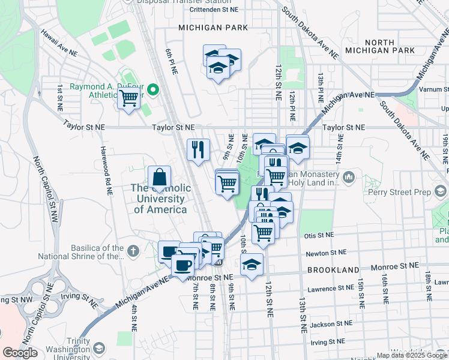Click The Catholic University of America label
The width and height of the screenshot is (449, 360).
pyautogui.click(x=161, y=199)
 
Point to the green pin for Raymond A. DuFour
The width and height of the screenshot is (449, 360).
pyautogui.click(x=153, y=90)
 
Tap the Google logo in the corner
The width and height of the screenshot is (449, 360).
pyautogui.click(x=20, y=353)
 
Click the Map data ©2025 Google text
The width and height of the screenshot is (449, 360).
pyautogui.click(x=412, y=355)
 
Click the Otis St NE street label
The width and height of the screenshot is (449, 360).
pyautogui.click(x=318, y=236)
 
